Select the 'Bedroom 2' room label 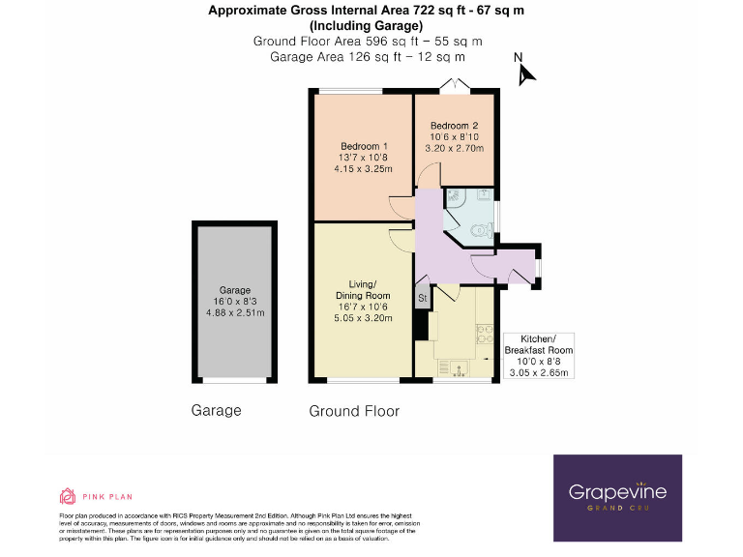click(455, 126)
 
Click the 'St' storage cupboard click(423, 297)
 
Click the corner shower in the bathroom click(456, 199)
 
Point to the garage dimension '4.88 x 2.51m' click(235, 312)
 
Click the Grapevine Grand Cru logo click(617, 495)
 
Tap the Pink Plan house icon click(67, 497)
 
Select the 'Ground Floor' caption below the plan click(354, 411)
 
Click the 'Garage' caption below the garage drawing click(216, 410)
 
